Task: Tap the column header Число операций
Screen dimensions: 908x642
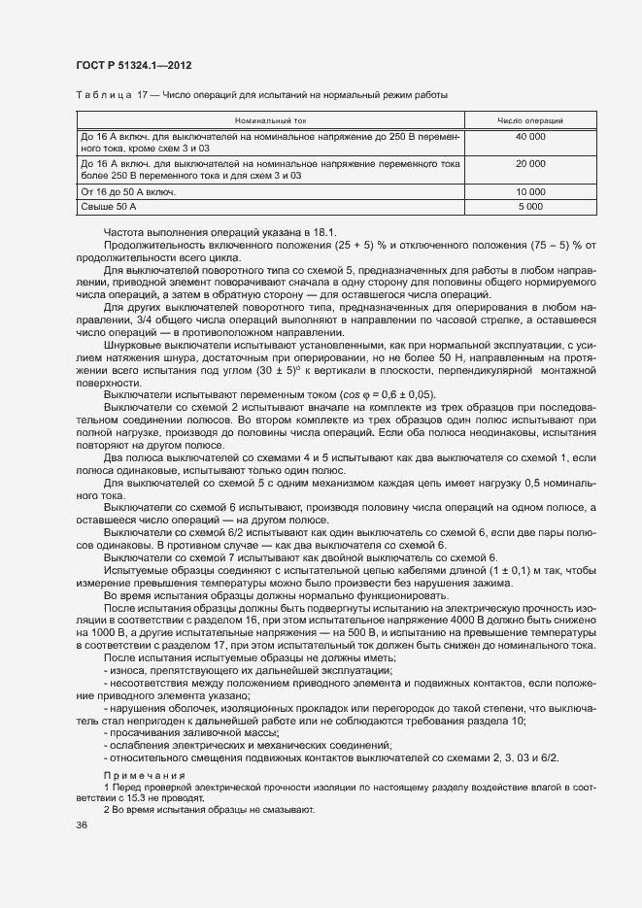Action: [x=529, y=120]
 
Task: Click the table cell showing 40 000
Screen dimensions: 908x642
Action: [x=529, y=138]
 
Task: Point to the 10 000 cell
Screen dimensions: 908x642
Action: [x=529, y=192]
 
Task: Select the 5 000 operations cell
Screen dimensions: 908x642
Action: [x=529, y=207]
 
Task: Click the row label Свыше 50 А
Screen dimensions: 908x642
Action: [x=110, y=207]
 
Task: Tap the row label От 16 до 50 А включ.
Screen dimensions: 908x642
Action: [x=128, y=192]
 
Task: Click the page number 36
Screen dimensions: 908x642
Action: [x=81, y=824]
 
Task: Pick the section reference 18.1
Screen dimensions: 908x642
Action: [x=325, y=231]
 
